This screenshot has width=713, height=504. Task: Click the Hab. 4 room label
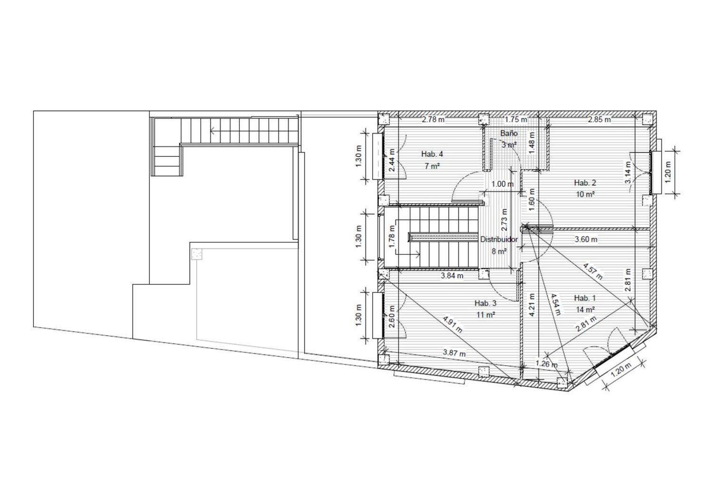tap(432, 154)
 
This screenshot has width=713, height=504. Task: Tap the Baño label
tap(509, 133)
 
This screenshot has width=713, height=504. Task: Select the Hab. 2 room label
tap(585, 182)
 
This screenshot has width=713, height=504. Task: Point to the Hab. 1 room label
tap(585, 298)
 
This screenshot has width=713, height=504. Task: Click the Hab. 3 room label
tap(485, 303)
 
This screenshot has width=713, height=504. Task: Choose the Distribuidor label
tap(499, 239)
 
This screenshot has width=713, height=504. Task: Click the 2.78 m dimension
tap(433, 120)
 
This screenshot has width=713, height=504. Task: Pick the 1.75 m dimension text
tap(516, 120)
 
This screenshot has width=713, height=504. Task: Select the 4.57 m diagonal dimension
tap(593, 271)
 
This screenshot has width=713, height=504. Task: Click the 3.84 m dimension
tap(452, 276)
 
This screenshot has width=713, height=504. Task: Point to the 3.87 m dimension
tap(454, 353)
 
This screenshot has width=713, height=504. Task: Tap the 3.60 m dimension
tap(586, 239)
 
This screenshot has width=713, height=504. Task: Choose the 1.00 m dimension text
tap(502, 184)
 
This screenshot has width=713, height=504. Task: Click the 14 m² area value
tap(586, 309)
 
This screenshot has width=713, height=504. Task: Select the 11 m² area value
tap(486, 314)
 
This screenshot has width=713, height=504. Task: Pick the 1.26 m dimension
tap(547, 364)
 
